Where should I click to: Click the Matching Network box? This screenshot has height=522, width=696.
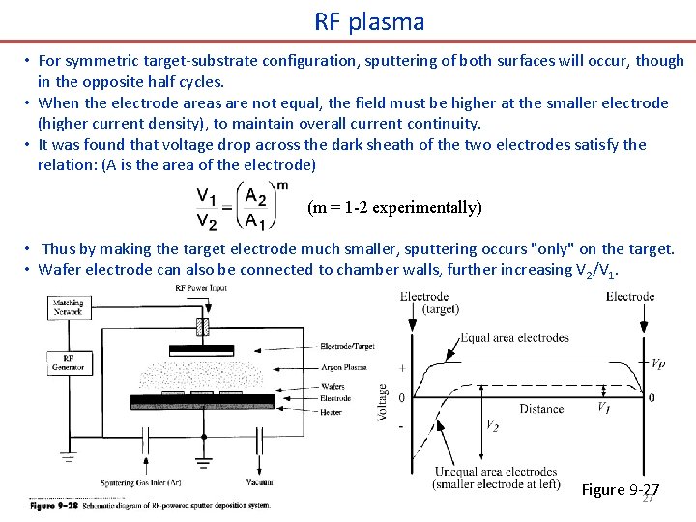tap(67, 307)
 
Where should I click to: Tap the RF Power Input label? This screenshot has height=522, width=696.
tap(202, 287)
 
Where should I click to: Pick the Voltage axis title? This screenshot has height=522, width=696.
tap(382, 401)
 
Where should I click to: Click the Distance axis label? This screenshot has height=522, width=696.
tap(541, 409)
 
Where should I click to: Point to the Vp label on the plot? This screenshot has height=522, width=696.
tap(657, 364)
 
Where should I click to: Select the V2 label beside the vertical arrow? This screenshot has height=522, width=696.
tap(492, 424)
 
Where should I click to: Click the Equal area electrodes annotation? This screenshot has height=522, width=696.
tap(515, 337)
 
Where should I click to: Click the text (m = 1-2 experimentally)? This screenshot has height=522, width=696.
tap(393, 207)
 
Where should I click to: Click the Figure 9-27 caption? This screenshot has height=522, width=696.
tap(620, 489)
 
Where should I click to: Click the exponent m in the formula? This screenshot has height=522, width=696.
tap(281, 184)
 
